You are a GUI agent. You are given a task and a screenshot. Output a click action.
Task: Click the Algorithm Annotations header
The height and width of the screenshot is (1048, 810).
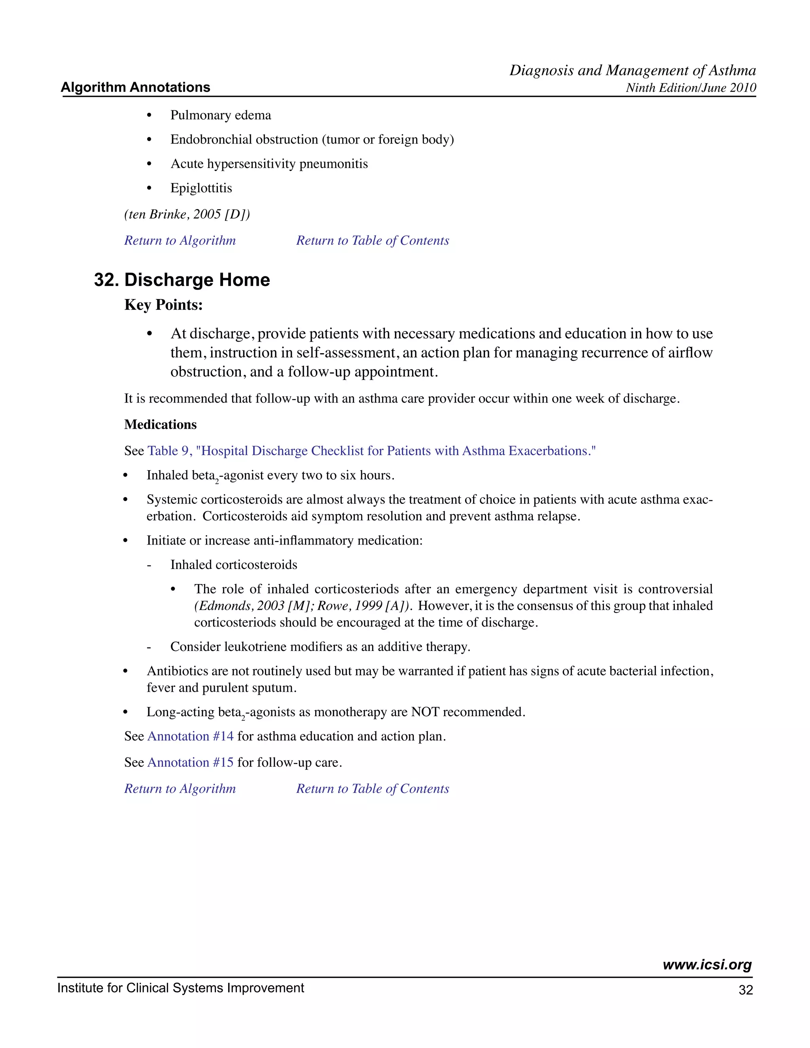click(x=135, y=87)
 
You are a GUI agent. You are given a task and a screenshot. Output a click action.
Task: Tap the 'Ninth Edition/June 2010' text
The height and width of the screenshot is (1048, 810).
click(x=691, y=88)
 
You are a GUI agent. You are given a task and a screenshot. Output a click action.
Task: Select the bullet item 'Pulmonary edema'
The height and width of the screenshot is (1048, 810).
click(x=220, y=115)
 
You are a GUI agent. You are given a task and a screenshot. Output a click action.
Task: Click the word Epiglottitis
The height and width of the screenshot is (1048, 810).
click(x=201, y=188)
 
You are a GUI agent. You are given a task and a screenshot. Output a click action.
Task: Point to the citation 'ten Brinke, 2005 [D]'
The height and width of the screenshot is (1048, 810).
click(x=187, y=214)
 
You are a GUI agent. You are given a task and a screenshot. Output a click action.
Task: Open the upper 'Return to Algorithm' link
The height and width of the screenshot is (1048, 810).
click(x=180, y=240)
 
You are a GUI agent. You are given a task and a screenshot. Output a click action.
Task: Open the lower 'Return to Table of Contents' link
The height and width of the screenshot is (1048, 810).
click(x=372, y=789)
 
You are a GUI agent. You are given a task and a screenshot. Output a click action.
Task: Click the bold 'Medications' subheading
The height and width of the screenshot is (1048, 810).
click(x=160, y=425)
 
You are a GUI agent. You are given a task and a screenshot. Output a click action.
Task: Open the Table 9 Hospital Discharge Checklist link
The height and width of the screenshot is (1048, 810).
click(x=371, y=451)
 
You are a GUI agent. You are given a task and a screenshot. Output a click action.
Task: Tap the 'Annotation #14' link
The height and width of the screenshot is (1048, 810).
click(x=191, y=737)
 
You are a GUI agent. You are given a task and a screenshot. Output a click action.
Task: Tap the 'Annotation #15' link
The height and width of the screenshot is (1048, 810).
click(x=191, y=763)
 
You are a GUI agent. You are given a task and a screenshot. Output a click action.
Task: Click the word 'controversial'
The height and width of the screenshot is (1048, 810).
click(x=675, y=589)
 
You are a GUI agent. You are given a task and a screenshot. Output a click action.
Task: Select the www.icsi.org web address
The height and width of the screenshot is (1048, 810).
click(x=707, y=965)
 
